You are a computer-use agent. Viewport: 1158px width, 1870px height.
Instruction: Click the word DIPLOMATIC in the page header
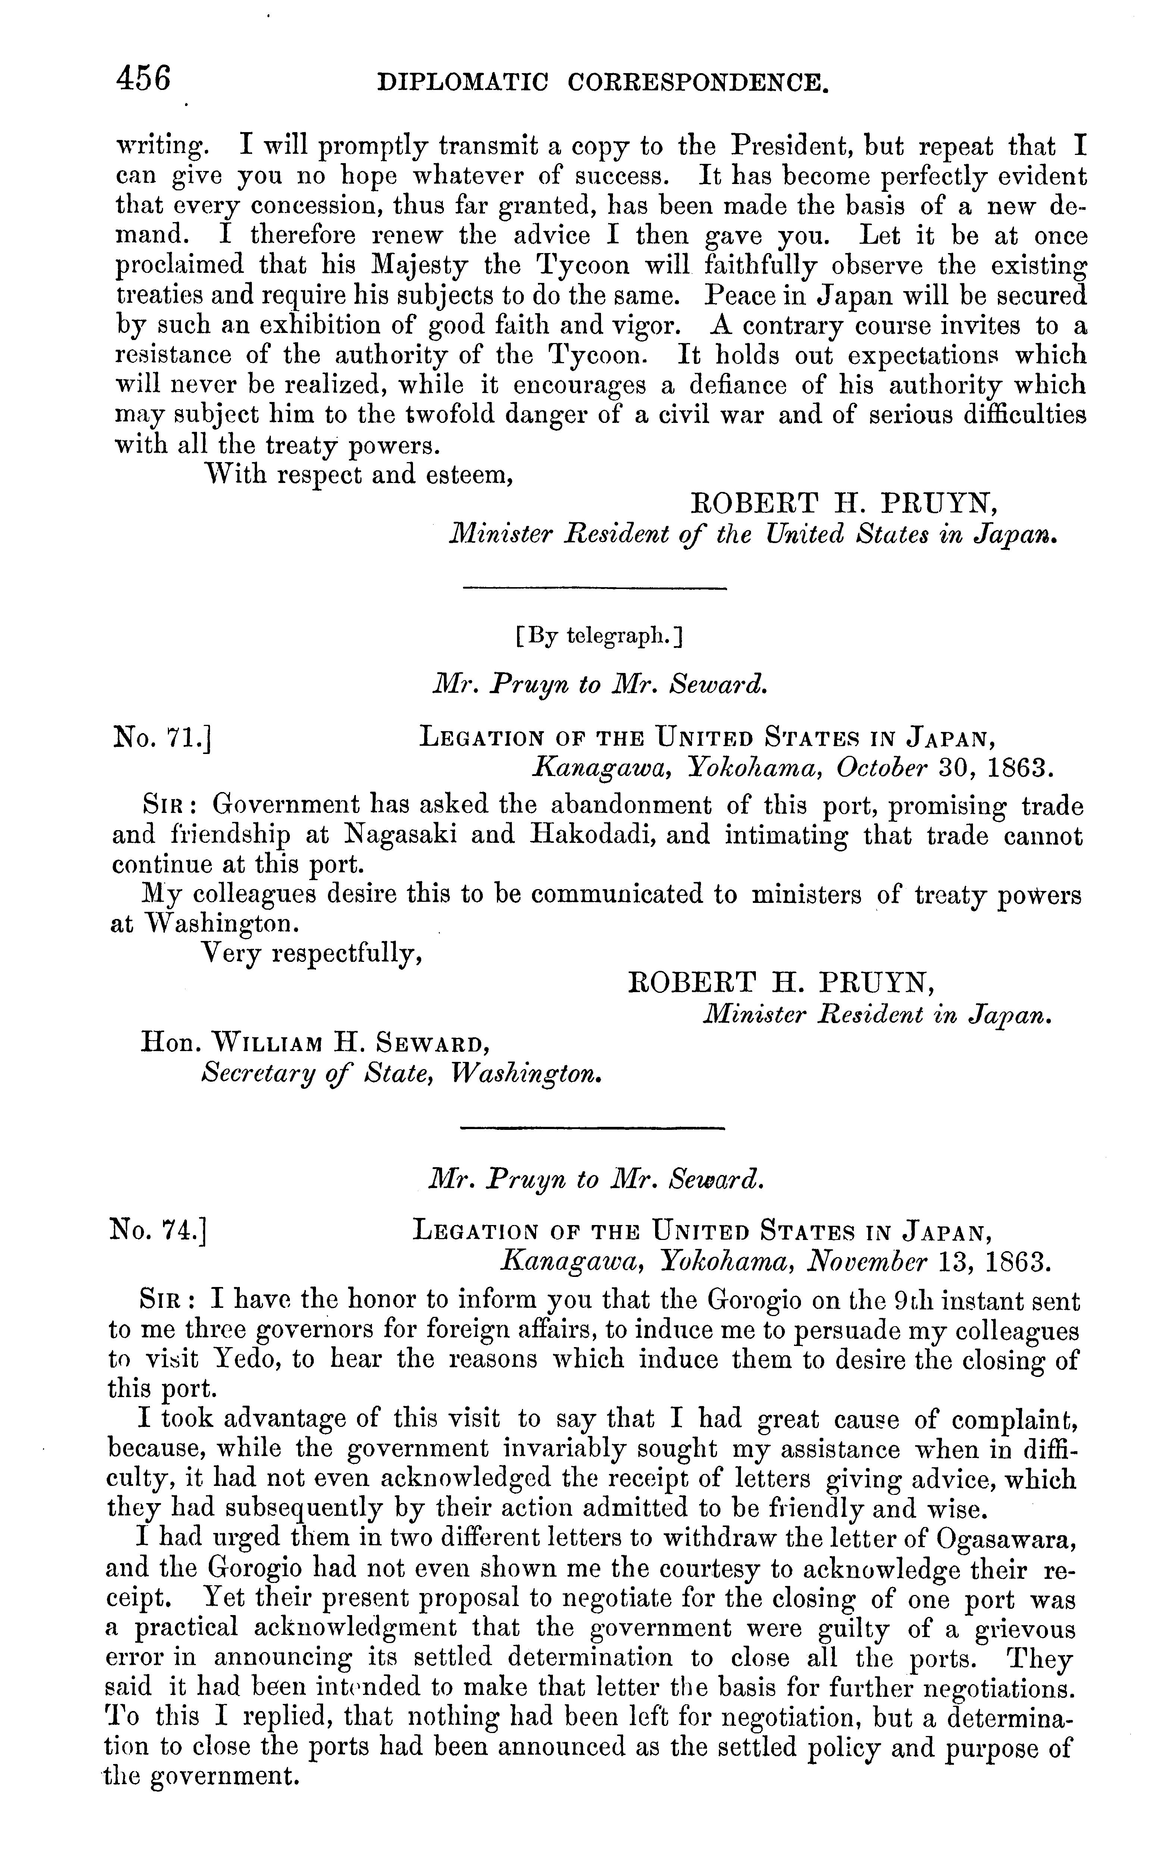click(x=463, y=83)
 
